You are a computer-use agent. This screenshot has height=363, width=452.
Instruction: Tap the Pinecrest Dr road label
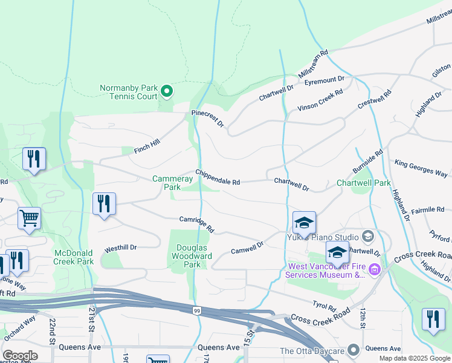click(x=208, y=118)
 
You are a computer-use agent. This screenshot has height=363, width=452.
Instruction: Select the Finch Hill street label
click(x=147, y=145)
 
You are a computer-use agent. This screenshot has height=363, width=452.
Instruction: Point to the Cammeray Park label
click(x=166, y=183)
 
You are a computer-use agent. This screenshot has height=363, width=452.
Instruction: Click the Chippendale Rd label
click(x=218, y=177)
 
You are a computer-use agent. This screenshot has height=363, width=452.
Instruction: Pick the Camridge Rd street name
click(x=197, y=224)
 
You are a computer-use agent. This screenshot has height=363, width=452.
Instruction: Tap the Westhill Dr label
click(x=121, y=247)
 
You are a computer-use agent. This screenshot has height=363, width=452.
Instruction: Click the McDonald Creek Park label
click(x=74, y=257)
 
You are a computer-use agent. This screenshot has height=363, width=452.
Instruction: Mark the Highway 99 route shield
click(x=197, y=310)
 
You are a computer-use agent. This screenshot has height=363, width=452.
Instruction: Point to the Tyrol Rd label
click(x=323, y=306)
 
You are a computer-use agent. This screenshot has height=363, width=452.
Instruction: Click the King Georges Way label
click(x=421, y=168)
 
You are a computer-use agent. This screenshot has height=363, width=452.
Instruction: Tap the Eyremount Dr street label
click(x=324, y=80)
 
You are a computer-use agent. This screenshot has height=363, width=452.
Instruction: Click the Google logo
click(x=20, y=356)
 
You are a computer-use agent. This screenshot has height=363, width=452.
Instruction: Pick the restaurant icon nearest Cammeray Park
click(x=105, y=204)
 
